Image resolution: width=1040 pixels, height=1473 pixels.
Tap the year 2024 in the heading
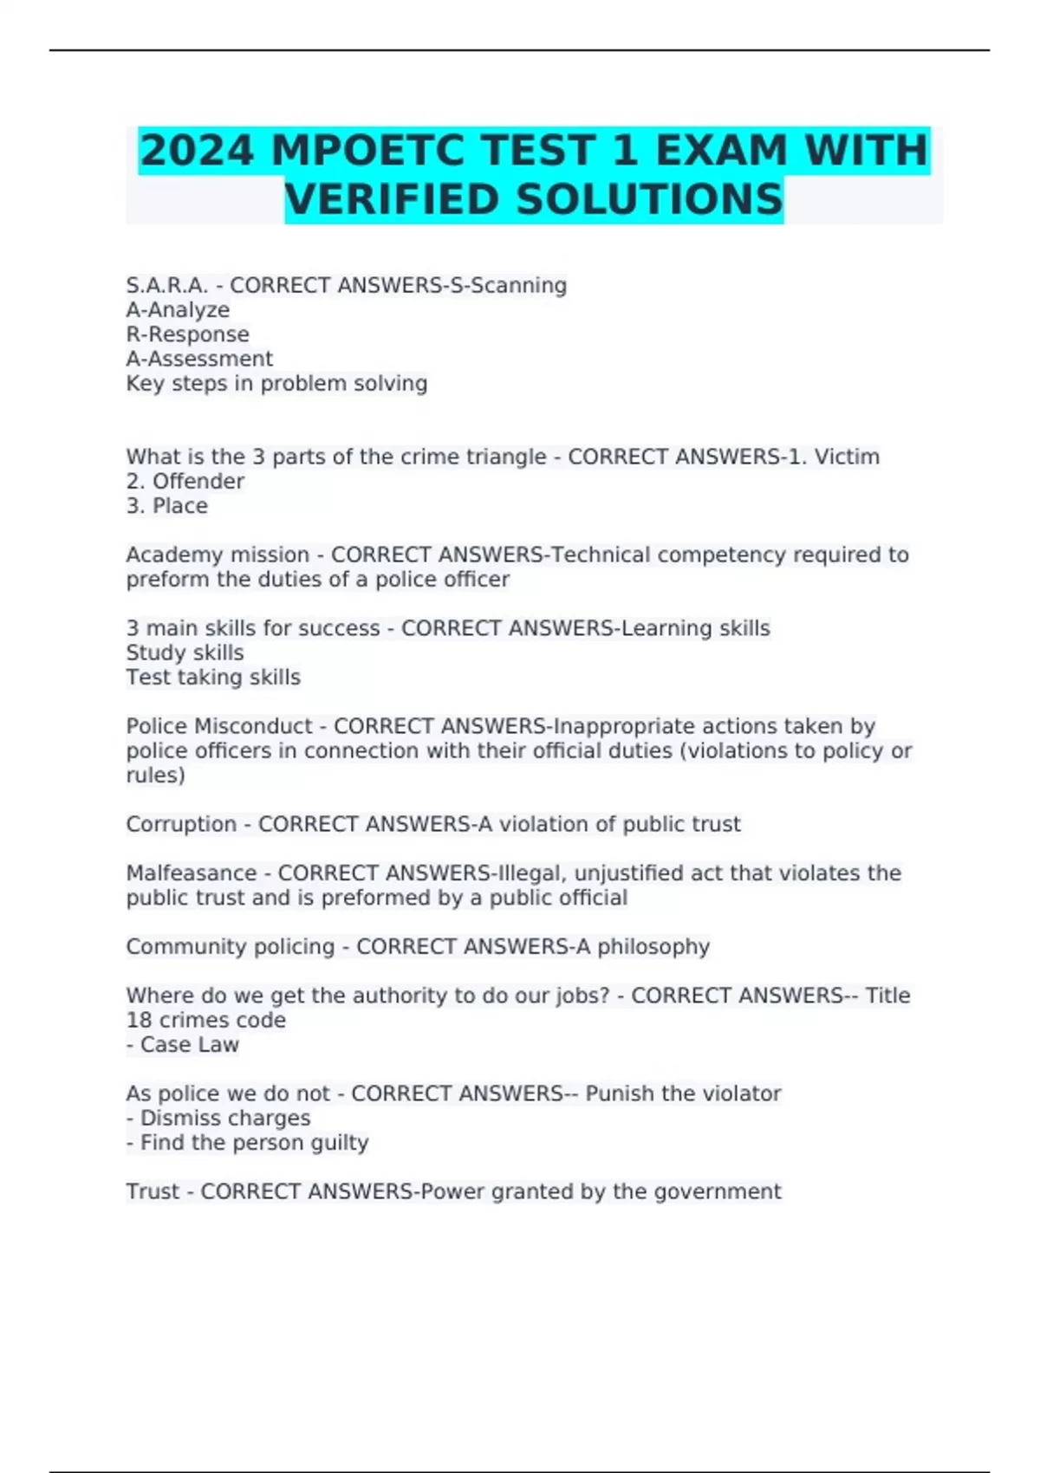tap(197, 150)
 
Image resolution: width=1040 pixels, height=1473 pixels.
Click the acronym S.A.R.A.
tap(167, 285)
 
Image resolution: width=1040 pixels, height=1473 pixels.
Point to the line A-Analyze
tap(178, 310)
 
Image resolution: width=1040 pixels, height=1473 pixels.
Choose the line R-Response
tap(187, 334)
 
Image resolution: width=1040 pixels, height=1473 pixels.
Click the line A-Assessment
tap(199, 359)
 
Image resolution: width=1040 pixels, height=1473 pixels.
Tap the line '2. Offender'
tap(185, 481)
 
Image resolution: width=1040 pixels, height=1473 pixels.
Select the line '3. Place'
tap(166, 506)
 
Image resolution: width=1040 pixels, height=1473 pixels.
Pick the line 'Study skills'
tap(185, 652)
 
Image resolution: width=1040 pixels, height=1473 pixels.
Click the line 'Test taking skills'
tap(213, 678)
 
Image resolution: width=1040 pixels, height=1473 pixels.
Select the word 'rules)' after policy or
tap(155, 775)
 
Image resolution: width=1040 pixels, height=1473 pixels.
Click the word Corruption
tap(181, 824)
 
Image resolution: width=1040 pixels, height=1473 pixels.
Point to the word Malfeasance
tap(191, 873)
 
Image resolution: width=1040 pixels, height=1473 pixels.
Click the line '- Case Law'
tap(183, 1045)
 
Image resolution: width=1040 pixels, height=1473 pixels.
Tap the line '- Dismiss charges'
tap(218, 1119)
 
